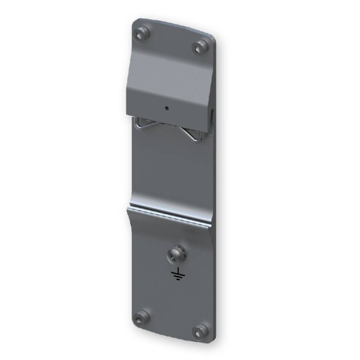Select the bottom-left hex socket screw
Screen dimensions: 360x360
pos(142,317)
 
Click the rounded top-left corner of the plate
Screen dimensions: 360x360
pos(134,24)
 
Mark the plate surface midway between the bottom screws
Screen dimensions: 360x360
pos(171,324)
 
